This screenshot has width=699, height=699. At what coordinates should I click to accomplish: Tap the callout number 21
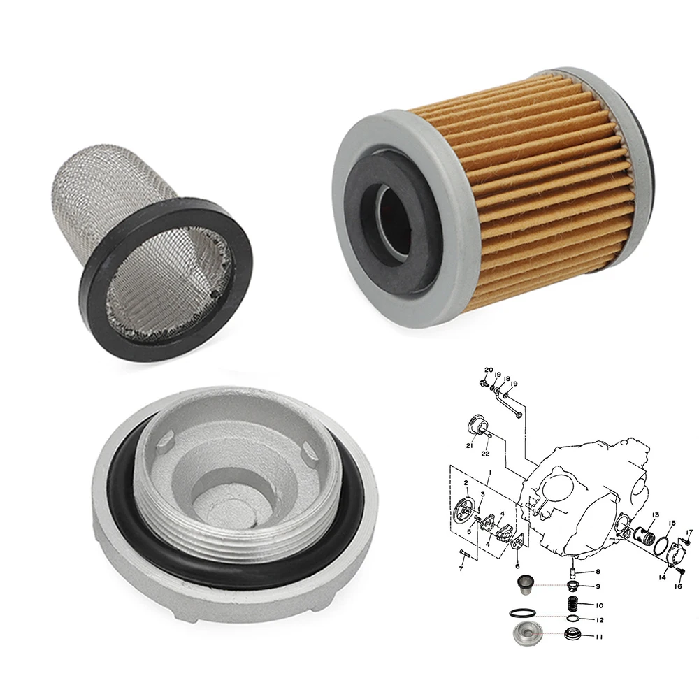pyautogui.click(x=470, y=445)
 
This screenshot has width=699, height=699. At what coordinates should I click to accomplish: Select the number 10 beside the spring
pyautogui.click(x=599, y=605)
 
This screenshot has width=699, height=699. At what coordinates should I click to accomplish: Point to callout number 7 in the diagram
pyautogui.click(x=461, y=569)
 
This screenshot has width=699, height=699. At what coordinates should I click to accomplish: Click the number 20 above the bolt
pyautogui.click(x=489, y=370)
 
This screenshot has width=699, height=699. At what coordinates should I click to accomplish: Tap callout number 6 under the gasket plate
pyautogui.click(x=517, y=566)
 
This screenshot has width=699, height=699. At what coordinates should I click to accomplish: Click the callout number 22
pyautogui.click(x=486, y=454)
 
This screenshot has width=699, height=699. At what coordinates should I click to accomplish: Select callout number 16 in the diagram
pyautogui.click(x=678, y=586)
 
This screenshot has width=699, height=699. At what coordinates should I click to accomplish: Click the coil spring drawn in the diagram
pyautogui.click(x=572, y=604)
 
